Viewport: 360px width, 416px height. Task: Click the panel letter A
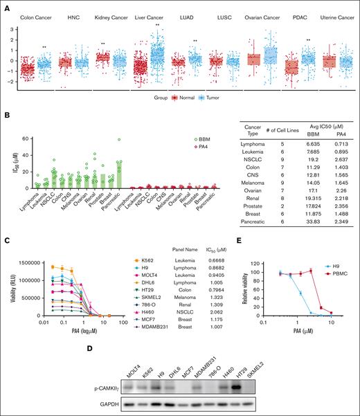pyautogui.click(x=6, y=6)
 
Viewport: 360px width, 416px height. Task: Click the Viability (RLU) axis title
pyautogui.click(x=8, y=293)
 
